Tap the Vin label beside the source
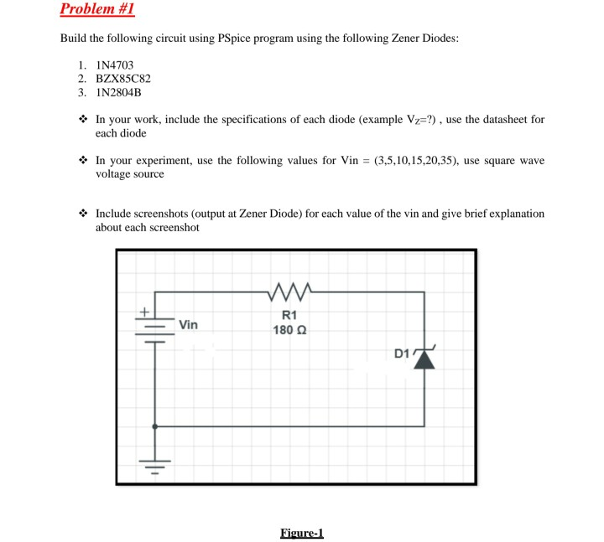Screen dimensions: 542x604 [188, 325]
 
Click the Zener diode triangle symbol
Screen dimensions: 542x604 [425, 358]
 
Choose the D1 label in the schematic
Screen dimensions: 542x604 [403, 353]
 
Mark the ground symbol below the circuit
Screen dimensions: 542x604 [155, 462]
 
